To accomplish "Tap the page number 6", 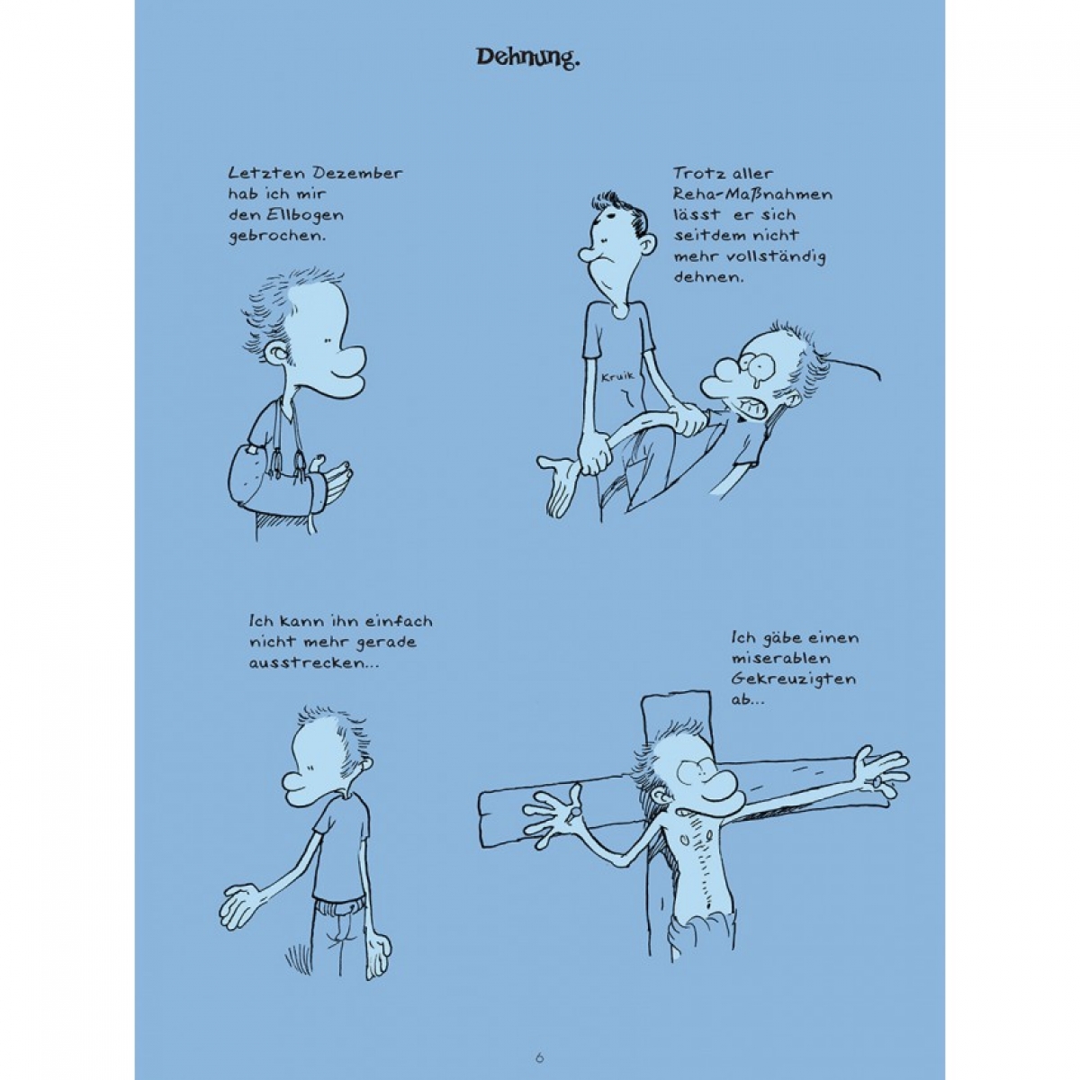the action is pyautogui.click(x=540, y=1042).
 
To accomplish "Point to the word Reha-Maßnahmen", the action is pyautogui.click(x=752, y=194).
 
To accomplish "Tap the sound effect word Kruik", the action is pyautogui.click(x=617, y=376).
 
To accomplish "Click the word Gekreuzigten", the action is pyautogui.click(x=793, y=679).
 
